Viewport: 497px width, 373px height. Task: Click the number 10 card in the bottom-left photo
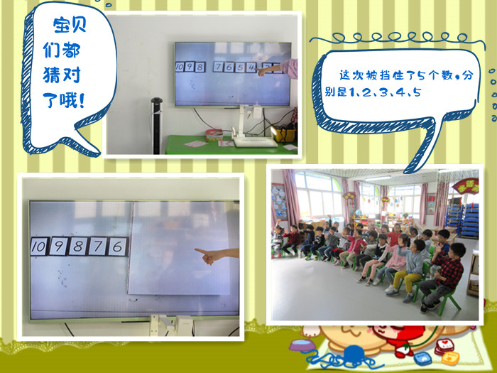click(40, 247)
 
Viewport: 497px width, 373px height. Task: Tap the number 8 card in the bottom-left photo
click(78, 247)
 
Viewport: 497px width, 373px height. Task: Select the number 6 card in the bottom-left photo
click(117, 247)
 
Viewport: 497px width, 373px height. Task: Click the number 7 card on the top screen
click(219, 67)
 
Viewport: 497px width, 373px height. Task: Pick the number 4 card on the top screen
click(251, 67)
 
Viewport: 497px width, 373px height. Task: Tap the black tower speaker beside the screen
click(156, 126)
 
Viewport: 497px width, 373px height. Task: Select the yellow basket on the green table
click(284, 134)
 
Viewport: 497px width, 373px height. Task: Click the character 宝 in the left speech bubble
click(61, 25)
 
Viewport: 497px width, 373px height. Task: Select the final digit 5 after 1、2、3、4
click(417, 92)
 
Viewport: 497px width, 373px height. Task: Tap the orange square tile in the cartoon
click(450, 358)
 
